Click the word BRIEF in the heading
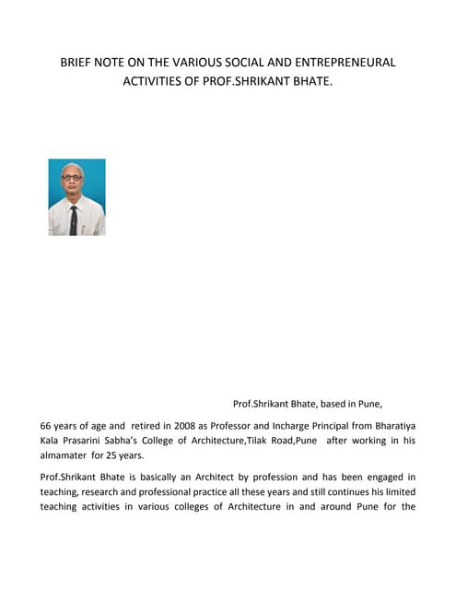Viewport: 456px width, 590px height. click(76, 63)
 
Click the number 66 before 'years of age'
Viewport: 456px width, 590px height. click(47, 427)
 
